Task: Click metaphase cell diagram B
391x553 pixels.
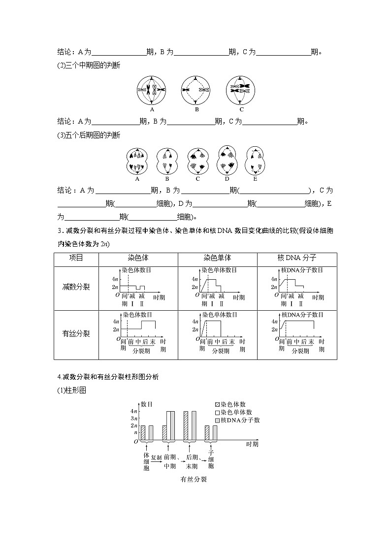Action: point(196,90)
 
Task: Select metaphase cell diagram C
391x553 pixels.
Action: point(241,90)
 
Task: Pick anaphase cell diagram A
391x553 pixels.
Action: point(137,161)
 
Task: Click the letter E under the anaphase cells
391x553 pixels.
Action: point(255,179)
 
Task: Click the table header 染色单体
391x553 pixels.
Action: point(217,258)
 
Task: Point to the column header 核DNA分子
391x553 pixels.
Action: point(296,258)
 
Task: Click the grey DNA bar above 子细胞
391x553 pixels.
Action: point(215,432)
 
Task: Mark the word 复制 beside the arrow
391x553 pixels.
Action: point(156,457)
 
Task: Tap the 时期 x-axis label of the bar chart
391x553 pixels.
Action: point(252,444)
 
